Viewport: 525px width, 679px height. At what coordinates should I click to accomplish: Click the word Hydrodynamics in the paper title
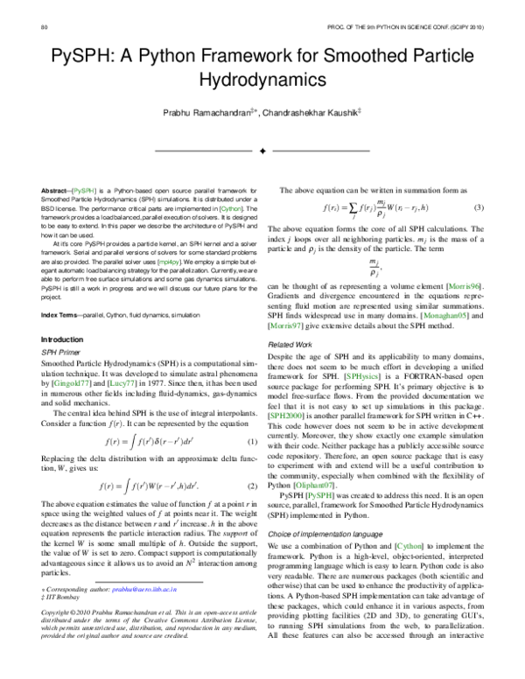[262, 80]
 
